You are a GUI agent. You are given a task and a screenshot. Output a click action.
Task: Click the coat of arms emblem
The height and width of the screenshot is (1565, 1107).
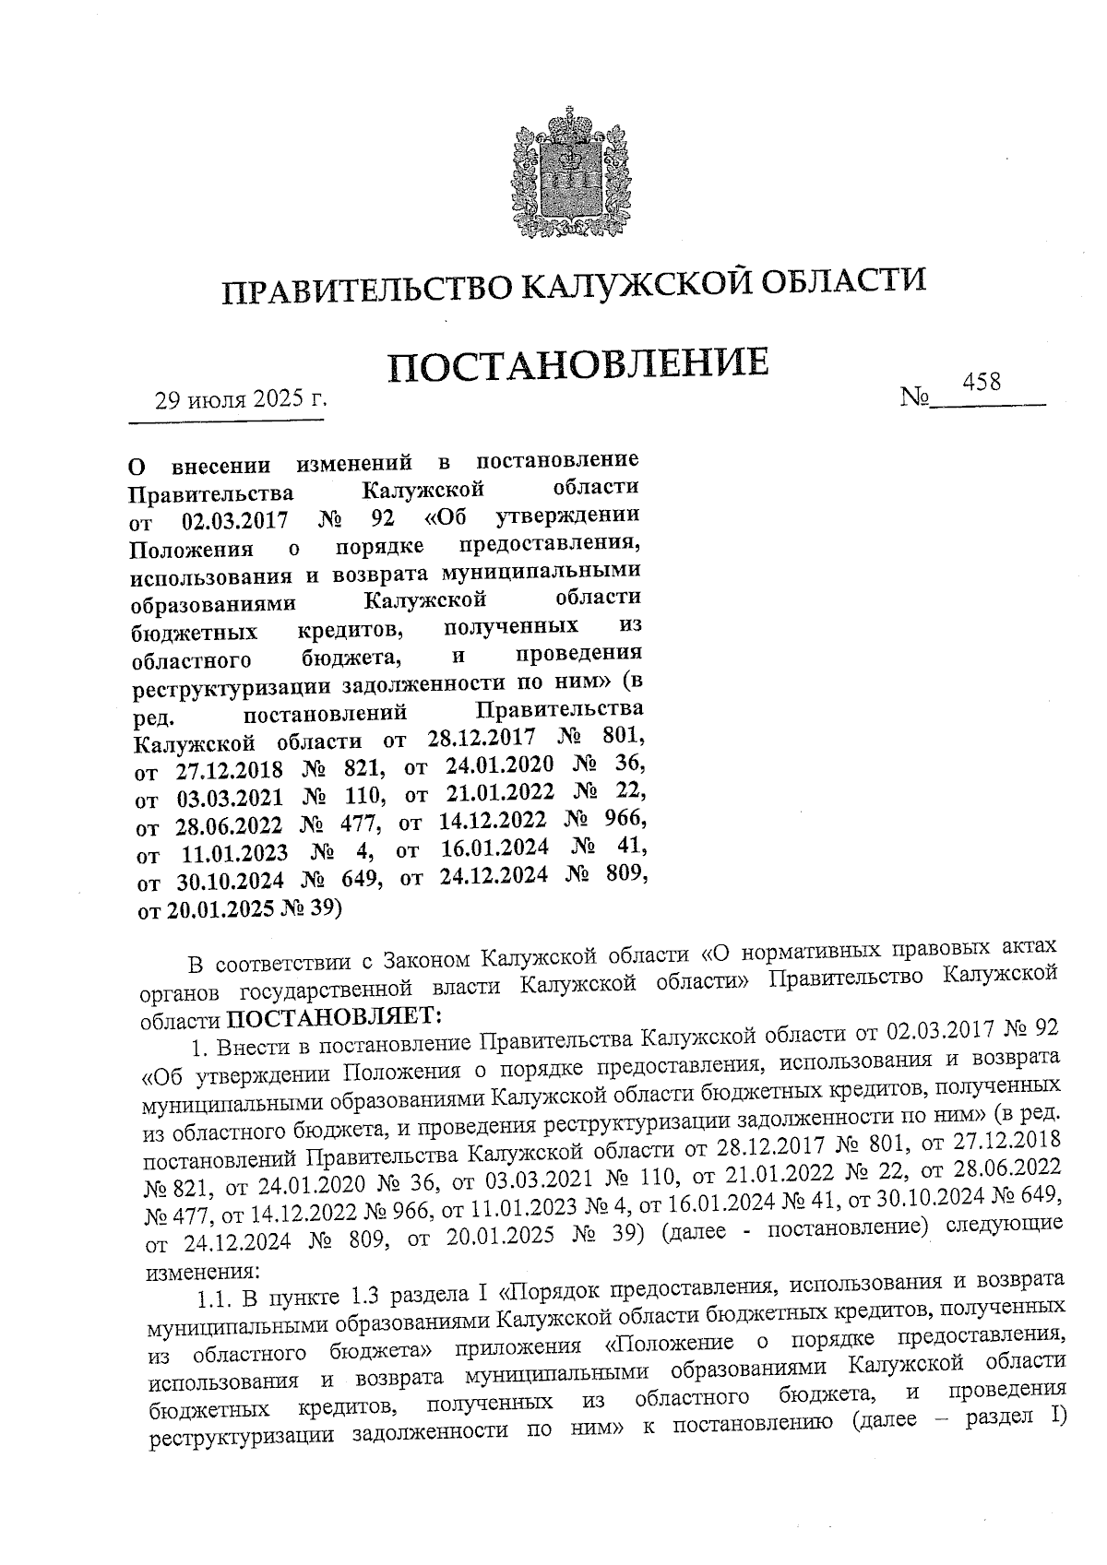point(562,174)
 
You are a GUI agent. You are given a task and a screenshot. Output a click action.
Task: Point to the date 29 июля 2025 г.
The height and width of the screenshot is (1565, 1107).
point(241,400)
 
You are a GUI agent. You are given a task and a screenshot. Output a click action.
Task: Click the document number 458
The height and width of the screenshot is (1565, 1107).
point(982,382)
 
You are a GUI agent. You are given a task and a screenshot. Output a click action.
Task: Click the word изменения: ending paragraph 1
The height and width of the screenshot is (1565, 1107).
point(196,1273)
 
